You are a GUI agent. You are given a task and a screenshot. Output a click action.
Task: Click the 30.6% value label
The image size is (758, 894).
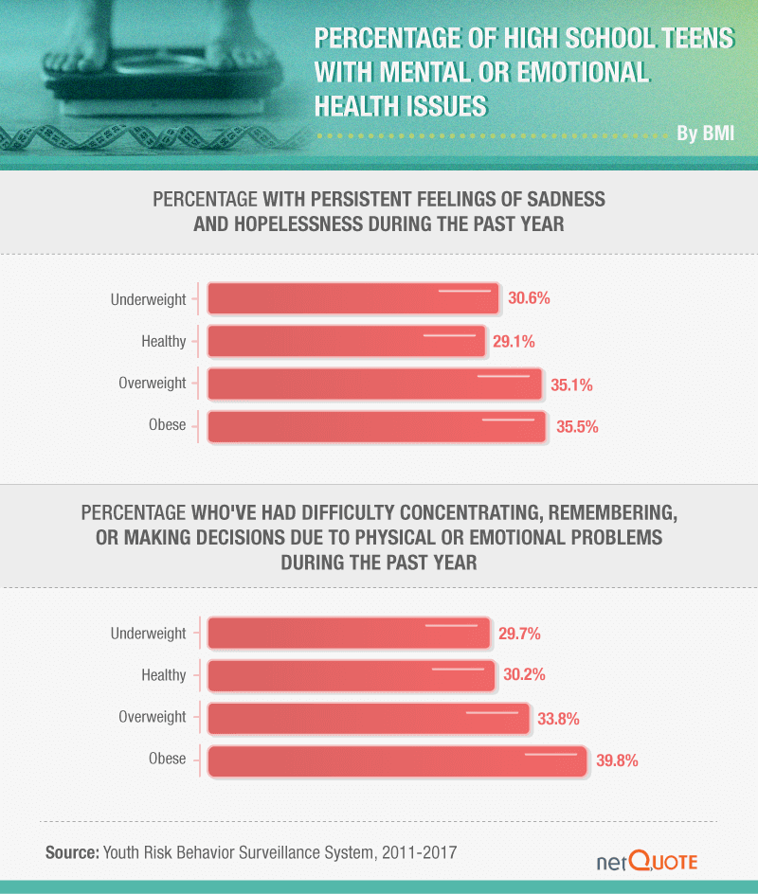(529, 298)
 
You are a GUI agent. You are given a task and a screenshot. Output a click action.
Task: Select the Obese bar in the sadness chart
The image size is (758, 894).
(376, 426)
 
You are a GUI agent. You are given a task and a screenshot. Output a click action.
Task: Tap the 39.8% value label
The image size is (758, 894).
(616, 760)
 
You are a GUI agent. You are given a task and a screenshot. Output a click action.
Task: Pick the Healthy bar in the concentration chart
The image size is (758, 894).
(351, 675)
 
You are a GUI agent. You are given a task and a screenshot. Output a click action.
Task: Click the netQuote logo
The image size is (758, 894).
(647, 861)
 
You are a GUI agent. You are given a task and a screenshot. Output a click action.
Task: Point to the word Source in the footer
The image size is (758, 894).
(71, 852)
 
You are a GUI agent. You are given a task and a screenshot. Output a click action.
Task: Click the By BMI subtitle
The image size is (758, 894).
(705, 133)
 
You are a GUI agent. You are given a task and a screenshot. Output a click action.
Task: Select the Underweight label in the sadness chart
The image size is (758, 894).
(149, 299)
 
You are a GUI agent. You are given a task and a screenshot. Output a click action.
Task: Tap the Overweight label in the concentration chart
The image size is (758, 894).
(153, 717)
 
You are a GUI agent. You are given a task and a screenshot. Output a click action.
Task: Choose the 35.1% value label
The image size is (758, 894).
(571, 384)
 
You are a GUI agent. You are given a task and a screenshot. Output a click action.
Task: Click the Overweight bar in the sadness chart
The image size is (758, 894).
(374, 384)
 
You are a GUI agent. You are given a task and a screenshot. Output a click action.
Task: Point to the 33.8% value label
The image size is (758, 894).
(558, 719)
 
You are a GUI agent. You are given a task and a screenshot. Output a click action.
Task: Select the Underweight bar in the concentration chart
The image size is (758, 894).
(348, 634)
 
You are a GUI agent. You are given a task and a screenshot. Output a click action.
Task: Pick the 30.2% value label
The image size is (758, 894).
(524, 676)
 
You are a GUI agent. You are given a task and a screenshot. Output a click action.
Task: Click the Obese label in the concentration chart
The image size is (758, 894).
(168, 759)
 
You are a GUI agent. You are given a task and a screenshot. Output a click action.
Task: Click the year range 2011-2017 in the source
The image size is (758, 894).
(420, 852)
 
